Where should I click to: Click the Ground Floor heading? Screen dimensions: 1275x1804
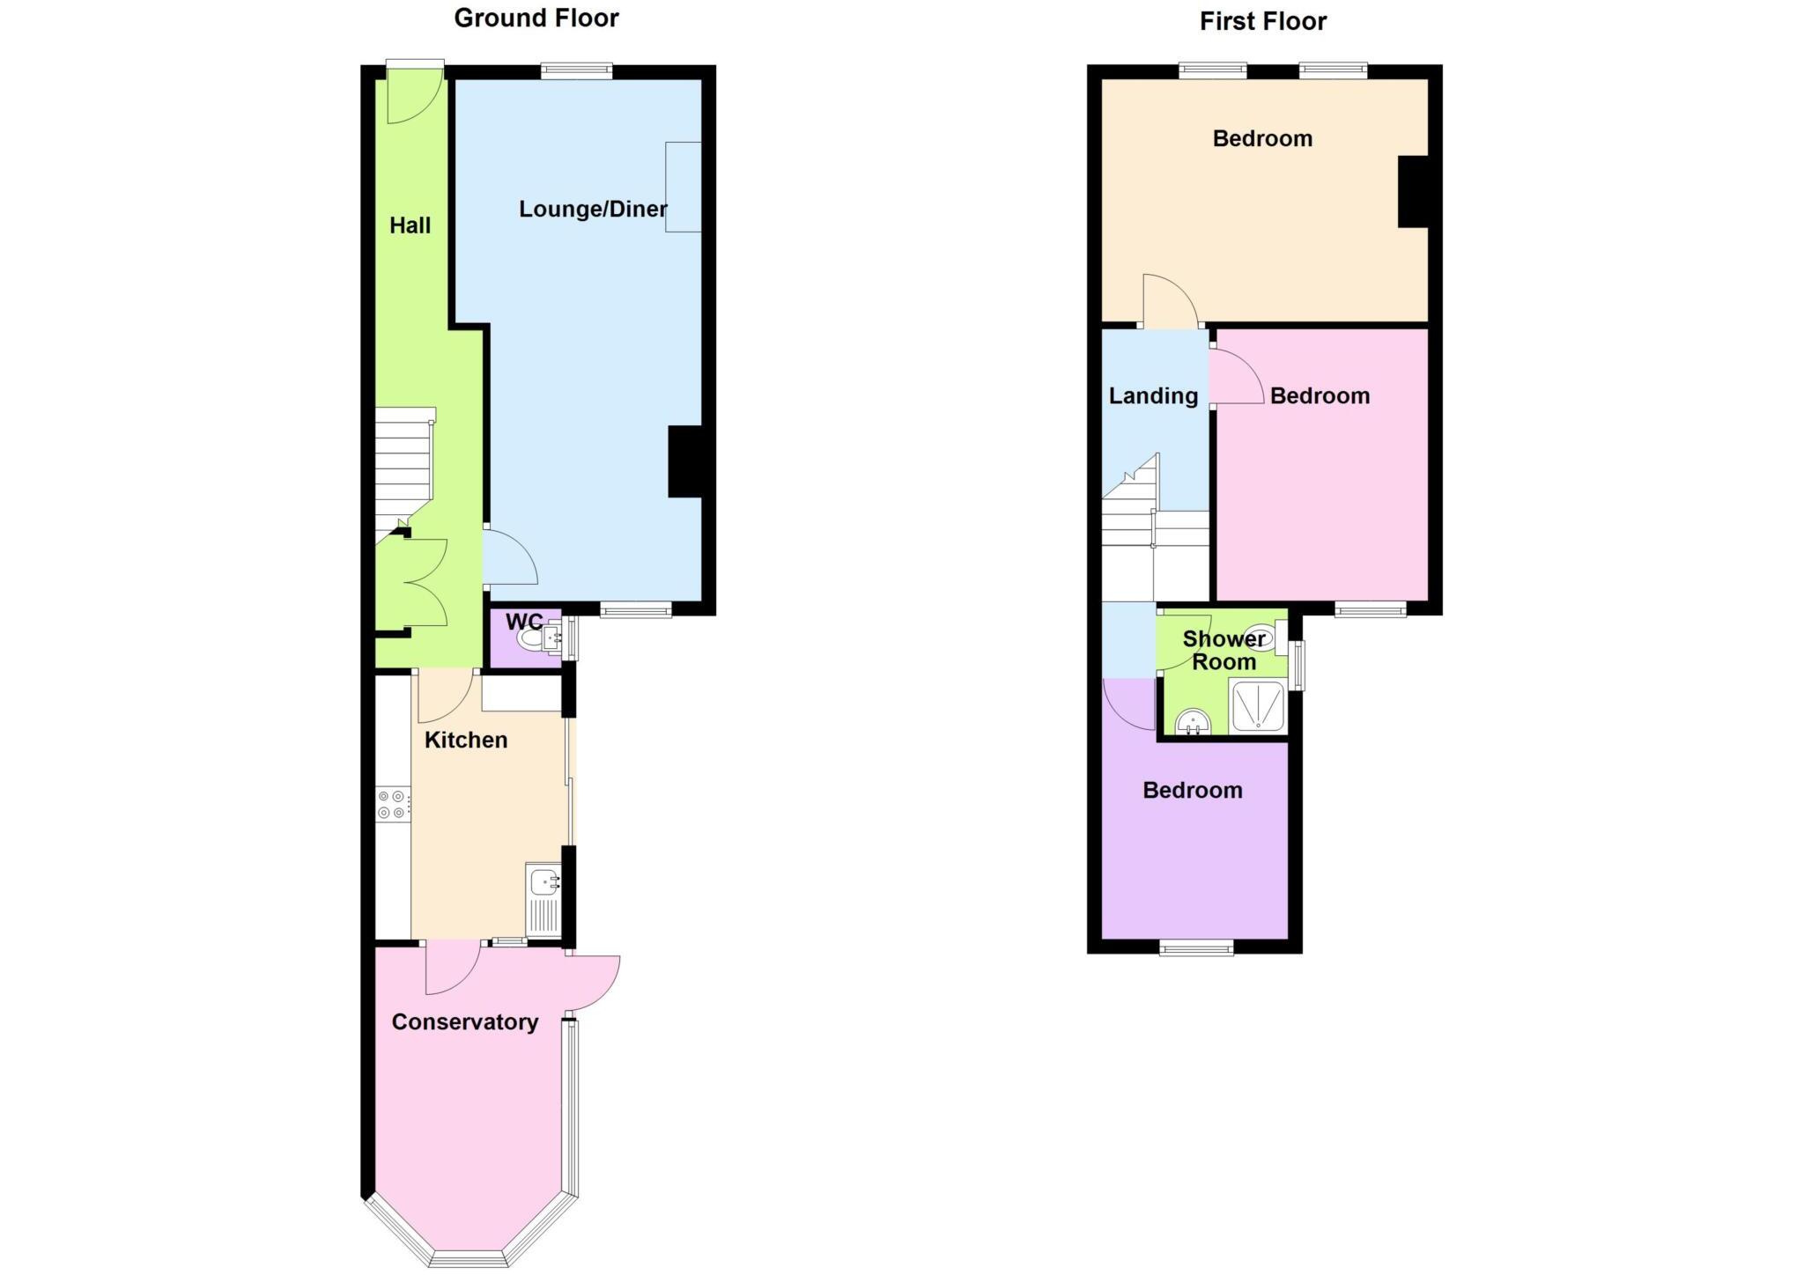tap(536, 18)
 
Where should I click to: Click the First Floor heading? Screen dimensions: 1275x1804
tap(1262, 21)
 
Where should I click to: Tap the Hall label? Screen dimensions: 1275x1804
tap(410, 225)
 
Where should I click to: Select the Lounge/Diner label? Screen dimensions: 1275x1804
tap(592, 209)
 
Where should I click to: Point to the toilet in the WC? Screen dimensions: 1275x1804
tap(531, 637)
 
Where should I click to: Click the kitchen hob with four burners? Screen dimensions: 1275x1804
tap(392, 804)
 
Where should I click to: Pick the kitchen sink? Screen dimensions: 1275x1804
tap(543, 881)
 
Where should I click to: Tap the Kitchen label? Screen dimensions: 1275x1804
tap(466, 740)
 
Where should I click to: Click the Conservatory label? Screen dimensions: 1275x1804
tap(464, 1021)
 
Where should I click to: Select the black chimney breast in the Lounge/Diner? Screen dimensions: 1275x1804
tap(685, 461)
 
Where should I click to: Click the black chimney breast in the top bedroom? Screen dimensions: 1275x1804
tap(1413, 191)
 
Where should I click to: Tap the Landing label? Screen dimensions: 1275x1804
tap(1153, 396)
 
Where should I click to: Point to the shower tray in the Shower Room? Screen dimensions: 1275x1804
tap(1257, 706)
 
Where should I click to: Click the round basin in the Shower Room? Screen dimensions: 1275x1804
tap(1193, 723)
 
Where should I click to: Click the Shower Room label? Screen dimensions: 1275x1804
tap(1224, 650)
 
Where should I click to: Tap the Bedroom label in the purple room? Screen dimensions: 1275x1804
tap(1193, 790)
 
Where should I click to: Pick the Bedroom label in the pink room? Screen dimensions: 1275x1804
tap(1320, 396)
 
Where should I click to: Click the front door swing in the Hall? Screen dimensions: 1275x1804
tap(411, 99)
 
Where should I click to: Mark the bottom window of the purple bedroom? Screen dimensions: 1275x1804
tap(1196, 947)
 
